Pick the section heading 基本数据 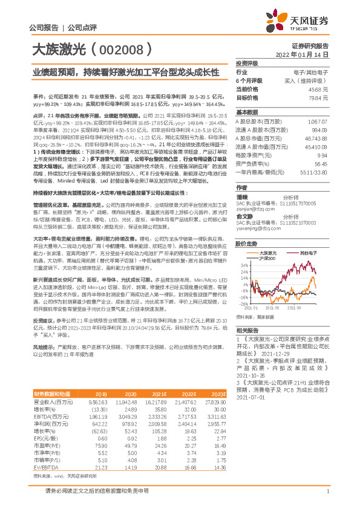(246, 112)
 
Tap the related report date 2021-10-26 (252, 373)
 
